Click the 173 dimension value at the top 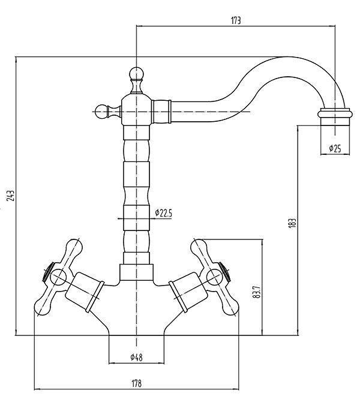coord(235,20)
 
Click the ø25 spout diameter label coord(335,149)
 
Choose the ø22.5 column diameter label coord(163,212)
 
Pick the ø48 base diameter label coord(136,358)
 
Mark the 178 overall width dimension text coord(136,383)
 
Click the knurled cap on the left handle coord(46,272)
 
